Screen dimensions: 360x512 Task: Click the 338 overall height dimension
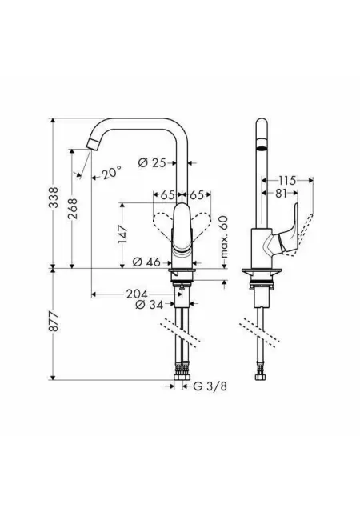[x=54, y=197]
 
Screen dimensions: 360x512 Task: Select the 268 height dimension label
[x=72, y=209]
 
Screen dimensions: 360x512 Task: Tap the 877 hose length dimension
[x=54, y=322]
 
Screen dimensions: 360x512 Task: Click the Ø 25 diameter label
[x=152, y=162]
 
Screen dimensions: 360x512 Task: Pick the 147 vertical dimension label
[x=123, y=234]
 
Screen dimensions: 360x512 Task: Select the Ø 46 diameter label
[x=147, y=262]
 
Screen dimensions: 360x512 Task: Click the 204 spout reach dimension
[x=138, y=294]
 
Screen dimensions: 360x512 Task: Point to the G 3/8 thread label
[x=210, y=386]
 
